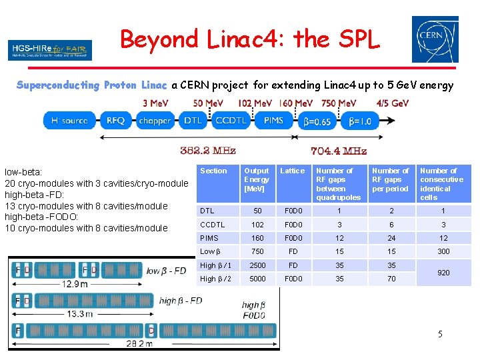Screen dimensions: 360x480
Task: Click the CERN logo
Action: pos(435,39)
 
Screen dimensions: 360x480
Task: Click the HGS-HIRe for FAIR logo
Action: pos(50,50)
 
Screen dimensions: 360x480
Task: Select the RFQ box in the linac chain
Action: pos(115,121)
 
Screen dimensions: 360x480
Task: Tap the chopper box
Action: pos(154,121)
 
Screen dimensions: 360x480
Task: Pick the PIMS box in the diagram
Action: pos(273,121)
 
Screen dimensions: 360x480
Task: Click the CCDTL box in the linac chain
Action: pos(231,121)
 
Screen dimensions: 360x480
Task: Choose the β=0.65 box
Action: pos(317,121)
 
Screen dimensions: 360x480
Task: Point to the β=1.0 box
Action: pos(360,121)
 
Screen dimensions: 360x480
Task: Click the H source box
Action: pos(70,121)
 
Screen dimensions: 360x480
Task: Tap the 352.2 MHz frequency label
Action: pos(208,151)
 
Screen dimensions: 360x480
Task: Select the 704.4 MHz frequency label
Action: pos(339,151)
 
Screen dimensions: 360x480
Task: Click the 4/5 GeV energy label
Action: pos(392,103)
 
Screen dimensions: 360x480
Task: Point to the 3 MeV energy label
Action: pos(156,103)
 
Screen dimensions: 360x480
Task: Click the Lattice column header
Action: pos(293,171)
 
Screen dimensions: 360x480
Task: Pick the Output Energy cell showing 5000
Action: pos(257,279)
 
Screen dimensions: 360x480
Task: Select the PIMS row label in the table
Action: pos(209,238)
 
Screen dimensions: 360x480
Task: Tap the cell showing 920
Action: pos(443,272)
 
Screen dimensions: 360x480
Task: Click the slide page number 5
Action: pos(440,333)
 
